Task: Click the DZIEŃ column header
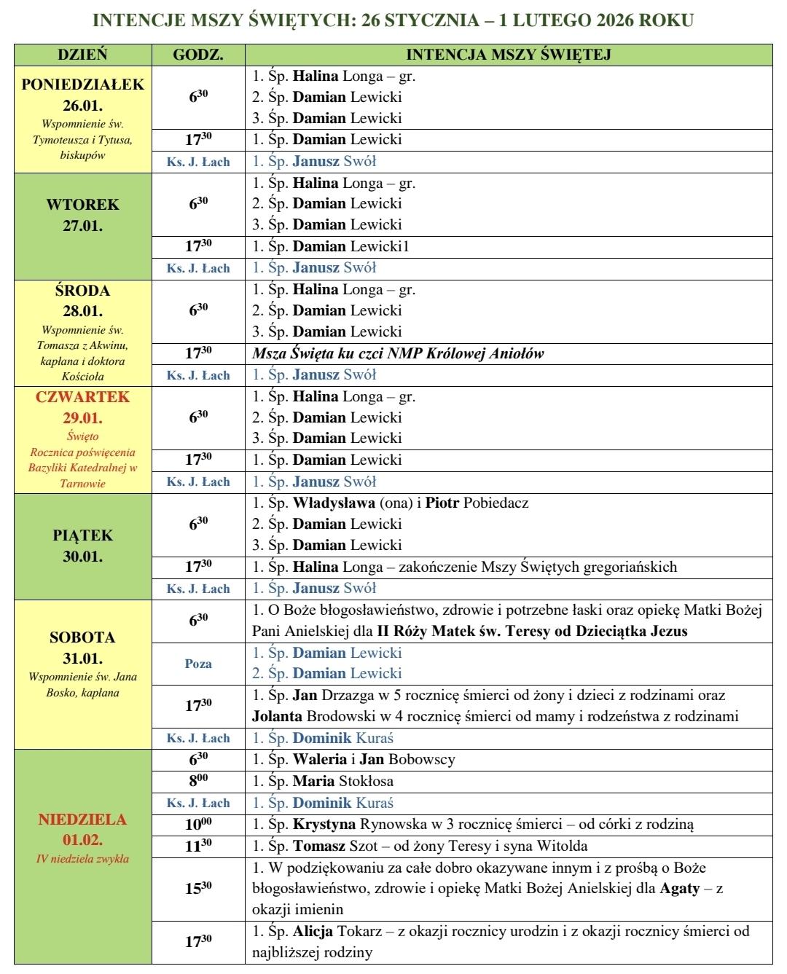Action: pos(82,55)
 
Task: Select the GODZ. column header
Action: pos(198,55)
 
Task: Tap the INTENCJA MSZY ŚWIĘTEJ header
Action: pos(508,55)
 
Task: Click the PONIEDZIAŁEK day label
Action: pos(82,85)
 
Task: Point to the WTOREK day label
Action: pos(82,205)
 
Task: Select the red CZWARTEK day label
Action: pos(82,397)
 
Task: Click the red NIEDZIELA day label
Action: pos(82,820)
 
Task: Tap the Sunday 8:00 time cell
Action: pos(198,781)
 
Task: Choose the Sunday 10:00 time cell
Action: pos(198,824)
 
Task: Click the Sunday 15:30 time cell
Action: pos(198,888)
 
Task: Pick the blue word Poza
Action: pos(198,664)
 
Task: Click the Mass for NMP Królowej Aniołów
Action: pos(398,354)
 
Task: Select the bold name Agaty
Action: pos(679,888)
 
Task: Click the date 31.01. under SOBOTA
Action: pos(82,659)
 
